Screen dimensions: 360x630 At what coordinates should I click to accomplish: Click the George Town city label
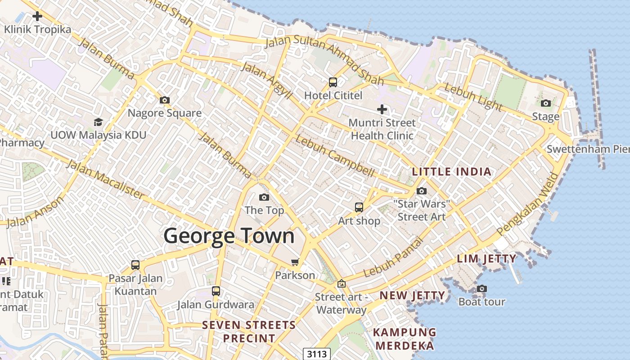pos(229,236)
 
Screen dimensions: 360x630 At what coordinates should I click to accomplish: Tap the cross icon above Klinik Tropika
pos(37,17)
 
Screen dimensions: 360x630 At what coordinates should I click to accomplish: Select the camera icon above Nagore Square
pos(165,100)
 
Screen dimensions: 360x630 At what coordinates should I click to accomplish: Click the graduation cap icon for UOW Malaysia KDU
pos(98,121)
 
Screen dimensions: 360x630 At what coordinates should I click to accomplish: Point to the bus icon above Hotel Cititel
pos(333,82)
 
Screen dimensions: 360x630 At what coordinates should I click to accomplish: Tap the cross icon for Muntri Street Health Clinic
pos(382,109)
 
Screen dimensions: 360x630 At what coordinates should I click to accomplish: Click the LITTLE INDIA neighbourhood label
pos(452,171)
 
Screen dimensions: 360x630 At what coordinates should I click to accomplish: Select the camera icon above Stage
pos(546,103)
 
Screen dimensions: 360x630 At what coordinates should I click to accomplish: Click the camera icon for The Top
pos(264,197)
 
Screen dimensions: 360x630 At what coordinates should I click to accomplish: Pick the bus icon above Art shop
pos(359,207)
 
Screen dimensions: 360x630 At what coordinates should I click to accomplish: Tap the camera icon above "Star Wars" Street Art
pos(422,191)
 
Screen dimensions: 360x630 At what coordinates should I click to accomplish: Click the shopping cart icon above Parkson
pos(295,262)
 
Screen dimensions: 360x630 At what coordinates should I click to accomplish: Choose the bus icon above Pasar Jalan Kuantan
pos(135,265)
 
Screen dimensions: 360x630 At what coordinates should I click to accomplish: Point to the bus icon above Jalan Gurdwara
pos(216,291)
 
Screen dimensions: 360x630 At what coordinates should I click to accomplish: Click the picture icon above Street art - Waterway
pos(342,284)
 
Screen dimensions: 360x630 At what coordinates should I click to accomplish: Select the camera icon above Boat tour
pos(482,288)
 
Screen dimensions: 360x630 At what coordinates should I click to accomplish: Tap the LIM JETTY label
pos(487,259)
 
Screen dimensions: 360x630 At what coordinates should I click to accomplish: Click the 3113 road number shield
pos(316,354)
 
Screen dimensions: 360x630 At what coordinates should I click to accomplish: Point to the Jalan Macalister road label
pos(106,179)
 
